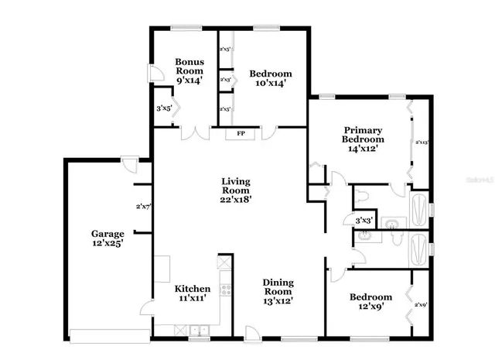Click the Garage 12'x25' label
[x=107, y=238]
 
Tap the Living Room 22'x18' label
[x=234, y=190]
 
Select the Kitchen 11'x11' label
[x=190, y=291]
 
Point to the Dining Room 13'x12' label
[x=277, y=291]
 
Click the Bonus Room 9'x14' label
[x=189, y=70]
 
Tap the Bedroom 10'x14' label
[x=270, y=79]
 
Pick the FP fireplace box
[x=241, y=134]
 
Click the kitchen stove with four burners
[x=226, y=290]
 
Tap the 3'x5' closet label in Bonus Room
[x=163, y=109]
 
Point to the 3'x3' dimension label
[x=364, y=221]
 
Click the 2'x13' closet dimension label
[x=422, y=142]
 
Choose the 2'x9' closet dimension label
[x=421, y=305]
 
